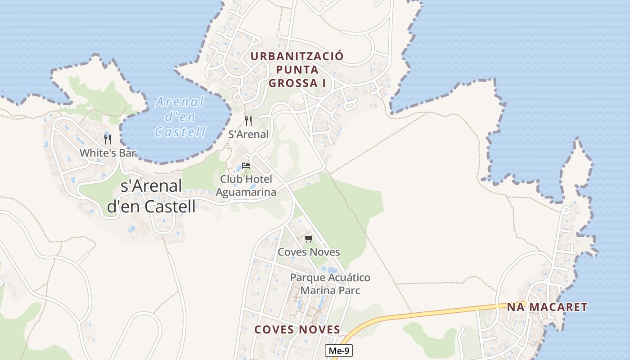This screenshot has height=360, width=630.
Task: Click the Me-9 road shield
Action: pyautogui.click(x=338, y=351)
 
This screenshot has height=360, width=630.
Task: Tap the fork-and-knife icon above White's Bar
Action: pyautogui.click(x=108, y=139)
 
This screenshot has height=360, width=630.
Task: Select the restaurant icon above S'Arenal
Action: pyautogui.click(x=248, y=121)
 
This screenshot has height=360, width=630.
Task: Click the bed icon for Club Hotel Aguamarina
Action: pyautogui.click(x=246, y=166)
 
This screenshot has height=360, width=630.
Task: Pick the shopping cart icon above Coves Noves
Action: pyautogui.click(x=308, y=238)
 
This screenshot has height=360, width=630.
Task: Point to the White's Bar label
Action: pyautogui.click(x=108, y=153)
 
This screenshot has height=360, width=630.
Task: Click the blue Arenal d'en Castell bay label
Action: pyautogui.click(x=180, y=117)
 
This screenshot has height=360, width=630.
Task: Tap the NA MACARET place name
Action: pyautogui.click(x=547, y=307)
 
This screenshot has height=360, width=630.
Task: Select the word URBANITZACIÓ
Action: pyautogui.click(x=297, y=56)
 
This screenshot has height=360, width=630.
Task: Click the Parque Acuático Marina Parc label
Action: pyautogui.click(x=330, y=284)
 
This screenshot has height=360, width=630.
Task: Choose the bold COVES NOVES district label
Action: pyautogui.click(x=297, y=329)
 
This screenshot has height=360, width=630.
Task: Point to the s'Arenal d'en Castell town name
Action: pyautogui.click(x=152, y=196)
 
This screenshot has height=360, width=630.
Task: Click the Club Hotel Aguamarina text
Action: pyautogui.click(x=246, y=185)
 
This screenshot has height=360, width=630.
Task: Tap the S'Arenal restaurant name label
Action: pyautogui.click(x=248, y=134)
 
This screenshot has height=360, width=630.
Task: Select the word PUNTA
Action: pyautogui.click(x=297, y=70)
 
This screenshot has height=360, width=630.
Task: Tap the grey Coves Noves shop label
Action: pyautogui.click(x=309, y=252)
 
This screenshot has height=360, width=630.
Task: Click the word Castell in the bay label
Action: pyautogui.click(x=180, y=132)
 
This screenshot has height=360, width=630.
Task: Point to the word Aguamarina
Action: pyautogui.click(x=246, y=192)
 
